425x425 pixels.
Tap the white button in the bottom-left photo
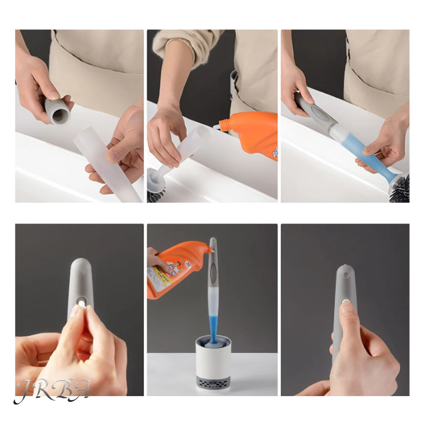(81, 302)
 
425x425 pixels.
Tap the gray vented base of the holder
(213, 382)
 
